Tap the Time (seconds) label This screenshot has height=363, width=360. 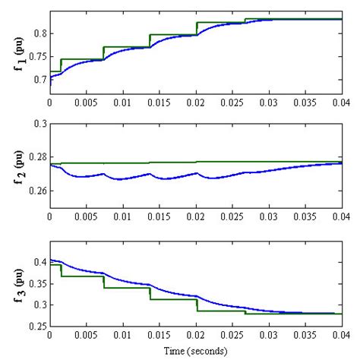click(x=196, y=352)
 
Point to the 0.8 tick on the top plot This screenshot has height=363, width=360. click(x=38, y=33)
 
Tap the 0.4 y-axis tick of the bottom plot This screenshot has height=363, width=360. click(x=38, y=262)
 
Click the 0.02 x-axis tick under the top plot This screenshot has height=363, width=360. click(x=196, y=101)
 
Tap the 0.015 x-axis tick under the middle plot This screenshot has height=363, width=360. click(x=159, y=217)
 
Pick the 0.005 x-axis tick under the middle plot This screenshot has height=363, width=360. click(x=87, y=217)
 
